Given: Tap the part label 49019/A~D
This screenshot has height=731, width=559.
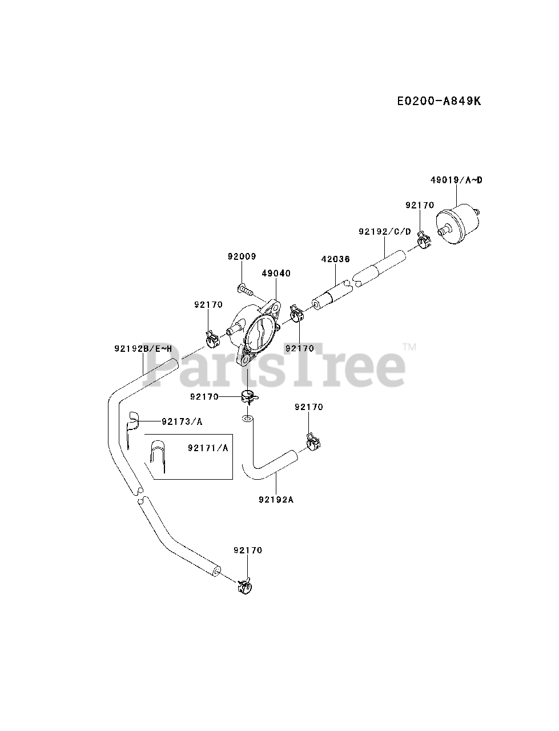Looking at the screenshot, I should coord(456,180).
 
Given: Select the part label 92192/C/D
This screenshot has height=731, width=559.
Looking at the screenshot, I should coord(384,231).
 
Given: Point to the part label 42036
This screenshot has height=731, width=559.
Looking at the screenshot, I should coord(335,259).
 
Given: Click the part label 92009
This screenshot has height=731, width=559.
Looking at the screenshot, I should coord(242,257).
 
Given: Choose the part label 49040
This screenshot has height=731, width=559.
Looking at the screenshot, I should coord(276,274).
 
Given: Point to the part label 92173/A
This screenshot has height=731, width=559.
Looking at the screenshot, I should coord(182,421).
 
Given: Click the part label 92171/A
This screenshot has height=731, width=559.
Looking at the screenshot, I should coord(207,448).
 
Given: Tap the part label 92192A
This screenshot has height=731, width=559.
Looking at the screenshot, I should coord(276,499).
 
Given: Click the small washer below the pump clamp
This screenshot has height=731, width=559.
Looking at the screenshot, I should coord(246,419).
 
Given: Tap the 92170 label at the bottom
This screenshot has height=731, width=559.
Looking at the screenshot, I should coord(248,550).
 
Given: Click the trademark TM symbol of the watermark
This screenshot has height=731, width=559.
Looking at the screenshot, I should coord(409,347).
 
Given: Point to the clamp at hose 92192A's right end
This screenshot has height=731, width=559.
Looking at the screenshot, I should coord(312,441).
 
